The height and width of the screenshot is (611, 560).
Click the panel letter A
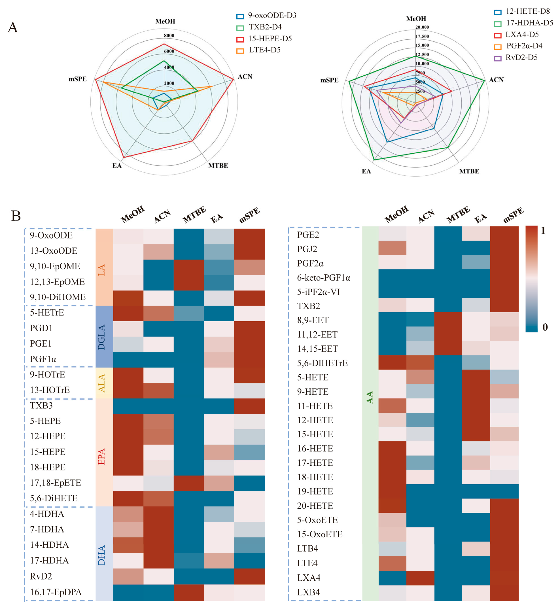13,27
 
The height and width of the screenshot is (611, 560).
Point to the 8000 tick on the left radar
169,35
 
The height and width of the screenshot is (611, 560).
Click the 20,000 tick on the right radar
422,27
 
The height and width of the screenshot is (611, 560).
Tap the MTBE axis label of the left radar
218,166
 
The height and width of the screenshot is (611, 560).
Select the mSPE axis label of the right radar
329,80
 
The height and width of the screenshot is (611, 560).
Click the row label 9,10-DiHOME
58,297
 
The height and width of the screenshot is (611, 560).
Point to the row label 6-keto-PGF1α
324,278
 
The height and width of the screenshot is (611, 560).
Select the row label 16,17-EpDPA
56,592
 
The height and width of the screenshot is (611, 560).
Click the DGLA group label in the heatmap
101,337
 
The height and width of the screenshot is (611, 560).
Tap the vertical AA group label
370,397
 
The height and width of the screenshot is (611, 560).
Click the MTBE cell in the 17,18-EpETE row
189,483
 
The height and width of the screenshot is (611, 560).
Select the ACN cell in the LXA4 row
420,578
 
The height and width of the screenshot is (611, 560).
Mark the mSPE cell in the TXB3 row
249,406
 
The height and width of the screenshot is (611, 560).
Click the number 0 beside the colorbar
545,327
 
